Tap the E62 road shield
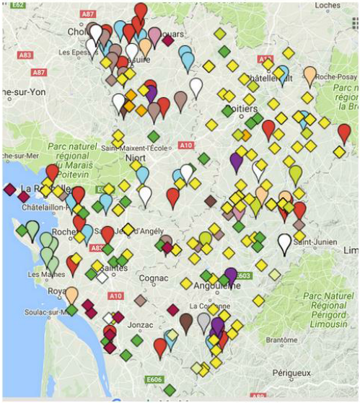[x=19, y=5]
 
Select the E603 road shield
[x=242, y=275]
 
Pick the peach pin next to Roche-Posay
[x=309, y=75]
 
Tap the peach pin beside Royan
[x=71, y=294]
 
